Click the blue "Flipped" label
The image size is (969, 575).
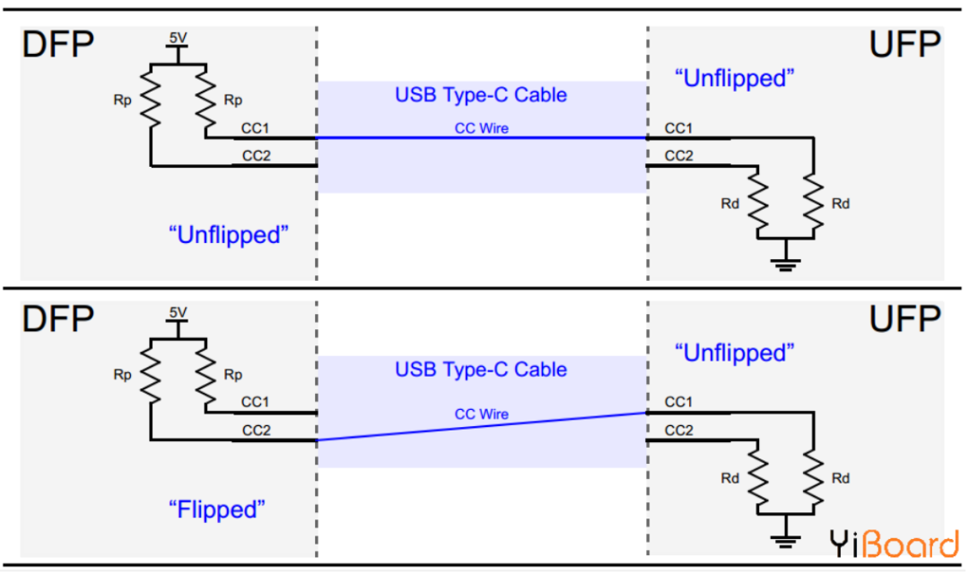(217, 510)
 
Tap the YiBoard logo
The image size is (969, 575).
(894, 544)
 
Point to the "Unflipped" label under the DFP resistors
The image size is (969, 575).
(230, 235)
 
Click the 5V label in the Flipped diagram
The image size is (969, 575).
(178, 312)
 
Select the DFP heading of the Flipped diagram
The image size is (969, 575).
(58, 318)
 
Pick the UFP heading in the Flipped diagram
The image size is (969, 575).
(904, 318)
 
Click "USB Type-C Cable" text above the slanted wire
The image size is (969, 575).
(481, 369)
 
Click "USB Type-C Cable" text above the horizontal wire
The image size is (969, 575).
(481, 94)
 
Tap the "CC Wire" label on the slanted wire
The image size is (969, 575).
(482, 414)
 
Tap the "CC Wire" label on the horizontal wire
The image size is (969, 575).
(482, 128)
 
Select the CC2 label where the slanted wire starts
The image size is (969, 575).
(256, 430)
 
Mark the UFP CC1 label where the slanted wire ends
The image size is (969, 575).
(678, 402)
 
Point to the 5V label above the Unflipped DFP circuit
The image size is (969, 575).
(178, 39)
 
